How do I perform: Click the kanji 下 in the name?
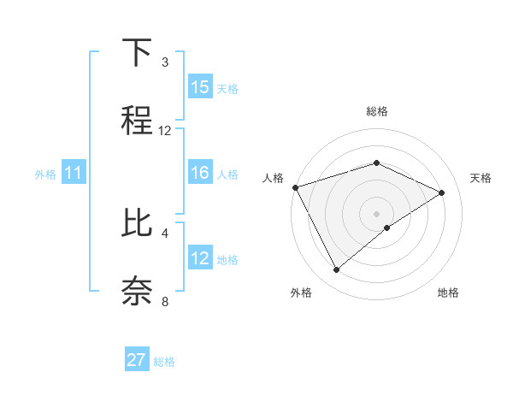tap(137, 53)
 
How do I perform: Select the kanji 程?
tap(137, 121)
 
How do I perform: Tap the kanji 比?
tap(137, 224)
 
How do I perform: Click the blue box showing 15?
tap(200, 87)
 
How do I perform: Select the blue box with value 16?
tap(200, 173)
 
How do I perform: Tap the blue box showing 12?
tap(200, 258)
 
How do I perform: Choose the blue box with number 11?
tap(74, 174)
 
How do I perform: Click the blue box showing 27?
tap(137, 360)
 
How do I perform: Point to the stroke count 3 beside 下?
tap(165, 62)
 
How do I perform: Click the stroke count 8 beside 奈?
tap(165, 301)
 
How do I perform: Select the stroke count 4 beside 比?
tap(165, 233)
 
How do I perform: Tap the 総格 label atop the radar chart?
tap(376, 111)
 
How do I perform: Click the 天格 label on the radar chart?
tap(481, 178)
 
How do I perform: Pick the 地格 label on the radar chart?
tap(448, 293)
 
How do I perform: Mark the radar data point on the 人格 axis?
tap(295, 186)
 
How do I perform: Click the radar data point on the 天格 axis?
tap(442, 192)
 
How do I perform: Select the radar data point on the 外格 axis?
tap(337, 270)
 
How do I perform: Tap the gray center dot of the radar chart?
tap(376, 214)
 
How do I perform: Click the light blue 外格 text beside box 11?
tap(45, 174)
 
